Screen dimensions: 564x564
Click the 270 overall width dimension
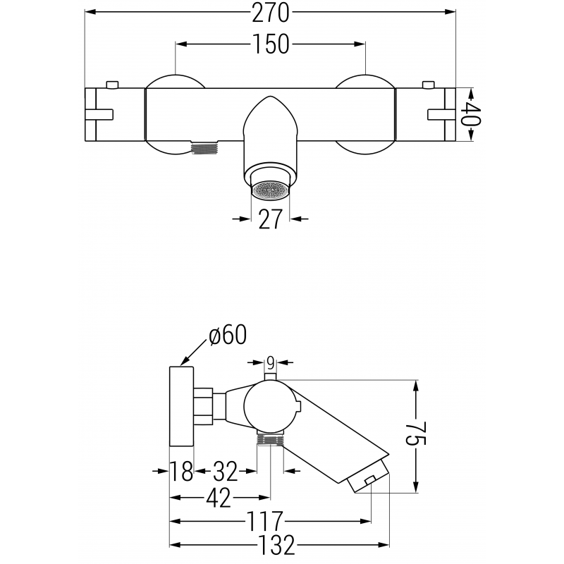269,13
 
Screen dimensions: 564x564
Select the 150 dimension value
270,44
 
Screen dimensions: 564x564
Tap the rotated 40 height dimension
471,114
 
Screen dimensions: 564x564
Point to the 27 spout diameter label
271,219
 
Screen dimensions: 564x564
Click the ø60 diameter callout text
228,336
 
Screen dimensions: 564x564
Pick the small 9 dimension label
269,363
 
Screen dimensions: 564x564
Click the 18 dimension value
181,470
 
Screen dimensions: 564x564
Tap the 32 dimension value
226,470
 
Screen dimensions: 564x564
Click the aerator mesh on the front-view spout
271,189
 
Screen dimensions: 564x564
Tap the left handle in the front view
114,114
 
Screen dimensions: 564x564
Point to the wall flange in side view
181,406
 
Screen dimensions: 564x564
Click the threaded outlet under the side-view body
270,439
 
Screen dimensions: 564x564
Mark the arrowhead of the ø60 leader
183,363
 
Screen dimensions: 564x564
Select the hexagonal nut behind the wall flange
204,407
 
